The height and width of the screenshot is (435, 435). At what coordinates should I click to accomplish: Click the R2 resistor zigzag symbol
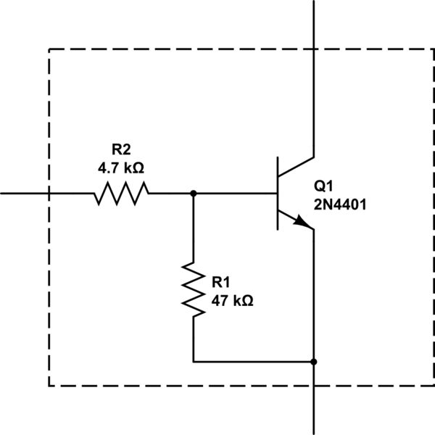click(121, 194)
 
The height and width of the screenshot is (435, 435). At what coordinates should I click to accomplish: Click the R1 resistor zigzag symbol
click(194, 289)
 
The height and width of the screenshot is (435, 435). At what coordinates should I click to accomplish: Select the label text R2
click(121, 151)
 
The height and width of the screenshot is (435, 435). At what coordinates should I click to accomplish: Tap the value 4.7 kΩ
click(121, 167)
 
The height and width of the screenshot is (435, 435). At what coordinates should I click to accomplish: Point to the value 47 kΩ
click(232, 299)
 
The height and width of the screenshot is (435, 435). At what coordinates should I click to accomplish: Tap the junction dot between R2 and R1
click(194, 194)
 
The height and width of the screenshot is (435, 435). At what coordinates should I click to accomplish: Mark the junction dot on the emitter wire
click(313, 360)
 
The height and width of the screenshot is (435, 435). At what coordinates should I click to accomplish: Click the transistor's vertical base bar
click(278, 194)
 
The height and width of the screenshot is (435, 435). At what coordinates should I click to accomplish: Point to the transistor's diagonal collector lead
click(296, 166)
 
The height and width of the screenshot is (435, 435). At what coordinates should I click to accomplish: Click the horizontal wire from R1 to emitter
click(254, 360)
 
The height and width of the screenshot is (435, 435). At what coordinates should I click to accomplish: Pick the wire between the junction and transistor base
click(236, 194)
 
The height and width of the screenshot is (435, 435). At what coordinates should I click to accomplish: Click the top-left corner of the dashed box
click(49, 49)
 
